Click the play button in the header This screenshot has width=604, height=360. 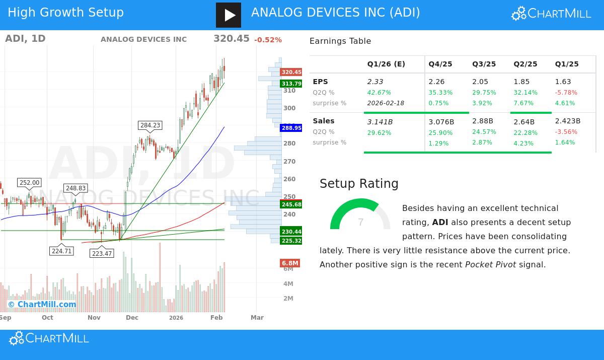(x=229, y=15)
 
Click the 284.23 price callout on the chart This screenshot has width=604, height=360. (x=150, y=125)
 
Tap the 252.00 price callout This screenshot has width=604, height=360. (x=29, y=183)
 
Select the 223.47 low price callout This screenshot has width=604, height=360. (x=102, y=253)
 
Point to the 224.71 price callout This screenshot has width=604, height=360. (x=61, y=251)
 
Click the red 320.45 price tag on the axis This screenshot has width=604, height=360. (x=291, y=72)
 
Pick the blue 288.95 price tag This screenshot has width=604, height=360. (x=291, y=128)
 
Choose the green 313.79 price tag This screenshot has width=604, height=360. (x=291, y=84)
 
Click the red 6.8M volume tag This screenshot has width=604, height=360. (x=290, y=263)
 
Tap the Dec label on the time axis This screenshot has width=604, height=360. (x=132, y=318)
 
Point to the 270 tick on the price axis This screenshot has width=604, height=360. (x=289, y=162)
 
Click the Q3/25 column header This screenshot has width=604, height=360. (x=484, y=64)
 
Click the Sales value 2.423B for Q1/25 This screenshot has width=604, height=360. (x=567, y=121)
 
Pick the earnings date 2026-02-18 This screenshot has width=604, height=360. (x=386, y=103)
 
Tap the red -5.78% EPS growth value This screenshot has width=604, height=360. (x=566, y=93)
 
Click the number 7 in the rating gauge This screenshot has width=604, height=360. (x=360, y=222)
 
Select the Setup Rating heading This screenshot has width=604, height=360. (x=359, y=184)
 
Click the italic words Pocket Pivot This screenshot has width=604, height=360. (x=490, y=264)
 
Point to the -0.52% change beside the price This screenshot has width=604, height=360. (x=268, y=40)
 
